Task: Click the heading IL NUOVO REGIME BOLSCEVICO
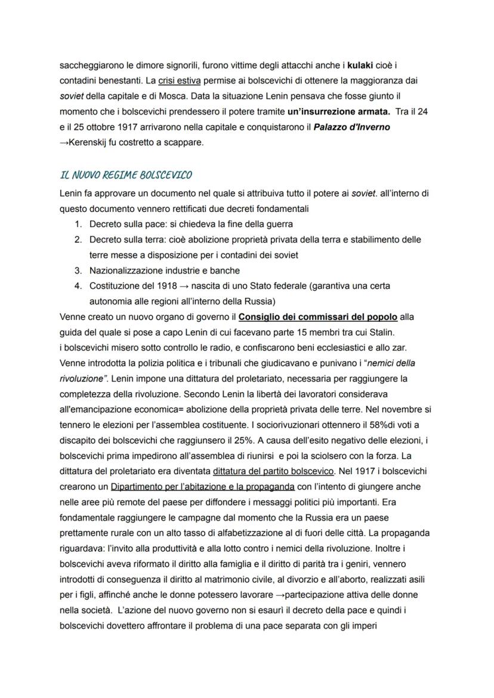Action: pyautogui.click(x=126, y=176)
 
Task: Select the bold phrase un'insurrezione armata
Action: pyautogui.click(x=338, y=111)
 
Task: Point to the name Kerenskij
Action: pyautogui.click(x=89, y=143)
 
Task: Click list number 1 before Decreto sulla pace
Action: pyautogui.click(x=78, y=224)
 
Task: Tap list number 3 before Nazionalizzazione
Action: pyautogui.click(x=78, y=270)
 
